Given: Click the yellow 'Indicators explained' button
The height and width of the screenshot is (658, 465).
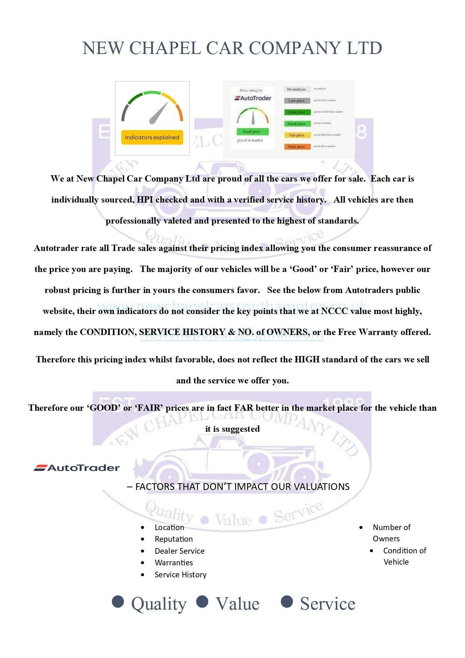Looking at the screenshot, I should point(152,137).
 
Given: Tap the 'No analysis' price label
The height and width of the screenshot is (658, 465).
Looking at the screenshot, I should point(296,89).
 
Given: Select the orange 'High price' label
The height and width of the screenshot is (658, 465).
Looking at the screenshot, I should point(296,147).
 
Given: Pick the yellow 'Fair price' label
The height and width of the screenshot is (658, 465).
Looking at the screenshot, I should point(296,135).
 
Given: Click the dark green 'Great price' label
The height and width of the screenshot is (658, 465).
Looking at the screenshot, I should point(296,112).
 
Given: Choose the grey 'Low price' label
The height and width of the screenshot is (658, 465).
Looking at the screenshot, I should point(296,101).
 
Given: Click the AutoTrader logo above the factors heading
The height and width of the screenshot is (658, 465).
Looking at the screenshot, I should point(77,468).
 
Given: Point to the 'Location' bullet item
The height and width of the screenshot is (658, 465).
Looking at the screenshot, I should point(169,527).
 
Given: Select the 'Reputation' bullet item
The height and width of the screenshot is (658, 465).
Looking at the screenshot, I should point(173,539).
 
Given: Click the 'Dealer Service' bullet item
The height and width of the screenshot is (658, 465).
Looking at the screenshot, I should point(179,551).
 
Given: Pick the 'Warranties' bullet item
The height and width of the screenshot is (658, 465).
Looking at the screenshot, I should point(173,563).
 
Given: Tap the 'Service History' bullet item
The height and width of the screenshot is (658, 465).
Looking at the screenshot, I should point(180,575).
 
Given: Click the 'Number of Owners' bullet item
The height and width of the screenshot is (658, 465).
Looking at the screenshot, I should point(391,533).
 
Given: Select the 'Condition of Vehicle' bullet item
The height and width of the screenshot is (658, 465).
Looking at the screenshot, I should point(404,556).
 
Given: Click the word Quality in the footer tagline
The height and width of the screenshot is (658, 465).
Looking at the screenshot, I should point(158,604).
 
